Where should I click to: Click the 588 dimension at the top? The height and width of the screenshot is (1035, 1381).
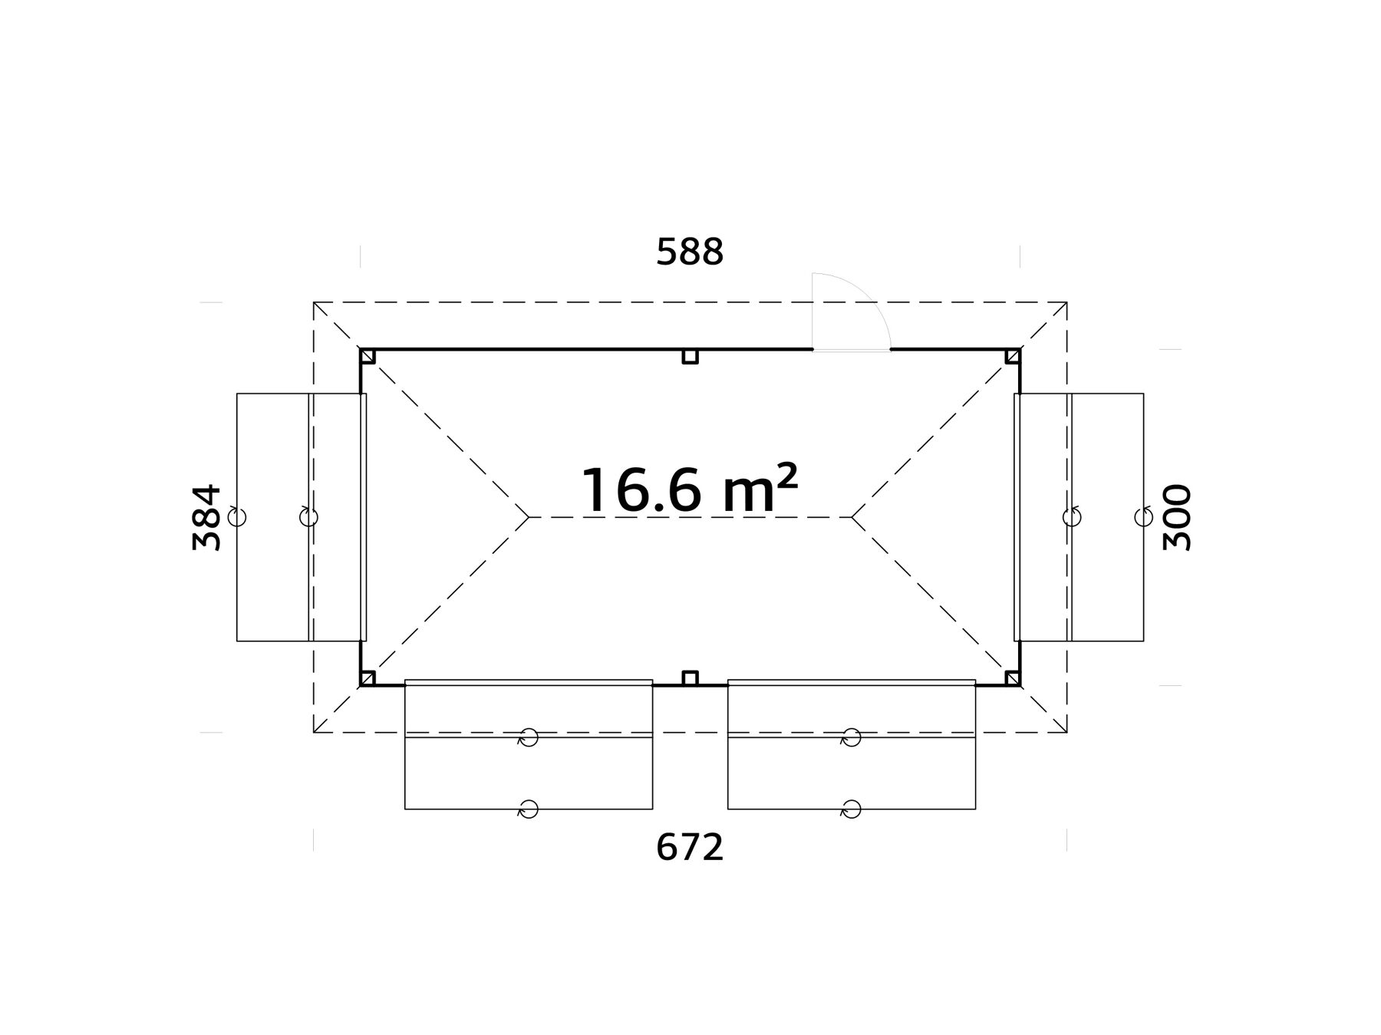[690, 252]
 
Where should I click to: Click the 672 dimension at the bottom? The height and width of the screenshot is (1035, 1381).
[690, 848]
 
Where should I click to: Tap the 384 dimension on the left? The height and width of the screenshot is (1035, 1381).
[207, 517]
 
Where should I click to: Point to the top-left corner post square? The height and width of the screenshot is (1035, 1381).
[367, 356]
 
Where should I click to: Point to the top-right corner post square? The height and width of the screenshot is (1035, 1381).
[1013, 356]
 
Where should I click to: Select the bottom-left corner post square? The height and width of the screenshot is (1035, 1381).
[367, 678]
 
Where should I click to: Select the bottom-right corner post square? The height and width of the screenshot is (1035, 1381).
[1013, 678]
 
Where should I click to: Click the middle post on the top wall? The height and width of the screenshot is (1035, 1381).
[690, 356]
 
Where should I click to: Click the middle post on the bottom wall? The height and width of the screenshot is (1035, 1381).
[690, 678]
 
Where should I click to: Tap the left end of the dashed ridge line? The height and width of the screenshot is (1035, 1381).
[529, 517]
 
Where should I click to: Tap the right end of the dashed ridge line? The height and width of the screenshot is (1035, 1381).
[852, 517]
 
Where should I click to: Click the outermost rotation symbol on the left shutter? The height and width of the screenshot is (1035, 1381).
[237, 516]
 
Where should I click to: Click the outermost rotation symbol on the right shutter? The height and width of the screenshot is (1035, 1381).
[1143, 516]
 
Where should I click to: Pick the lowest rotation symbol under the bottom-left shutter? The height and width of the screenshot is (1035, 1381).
[528, 809]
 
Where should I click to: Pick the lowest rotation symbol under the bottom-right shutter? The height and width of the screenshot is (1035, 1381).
[851, 809]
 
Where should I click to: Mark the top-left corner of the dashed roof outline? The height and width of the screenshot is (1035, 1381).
[314, 302]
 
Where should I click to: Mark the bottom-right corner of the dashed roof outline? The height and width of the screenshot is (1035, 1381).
[1066, 732]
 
